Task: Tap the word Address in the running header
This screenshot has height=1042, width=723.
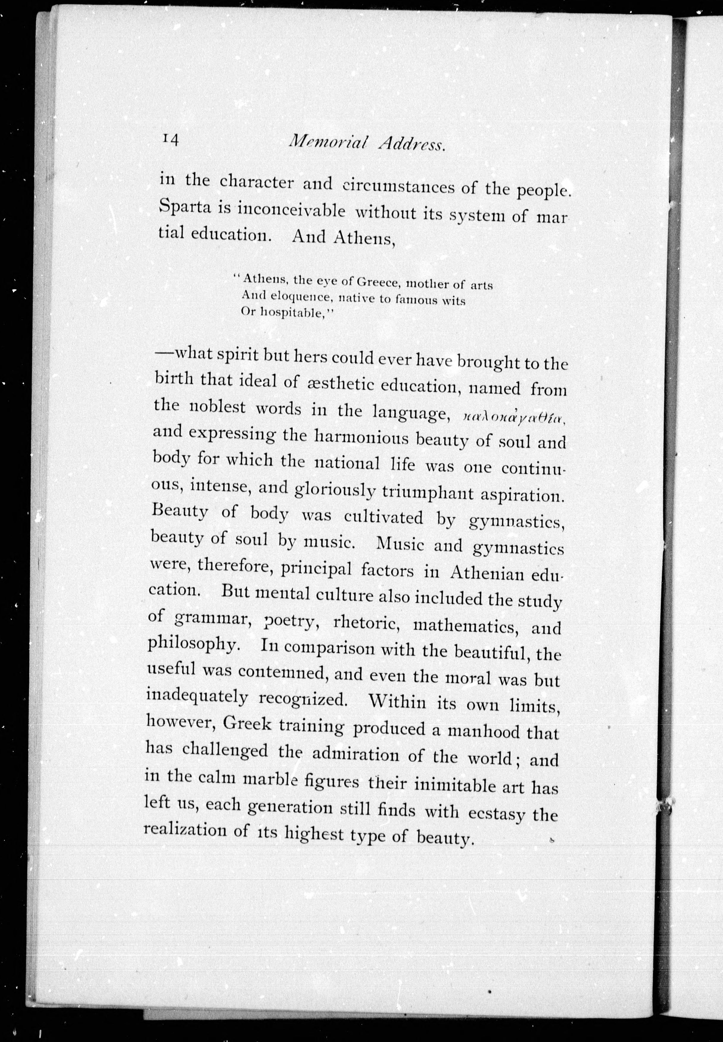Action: [411, 144]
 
